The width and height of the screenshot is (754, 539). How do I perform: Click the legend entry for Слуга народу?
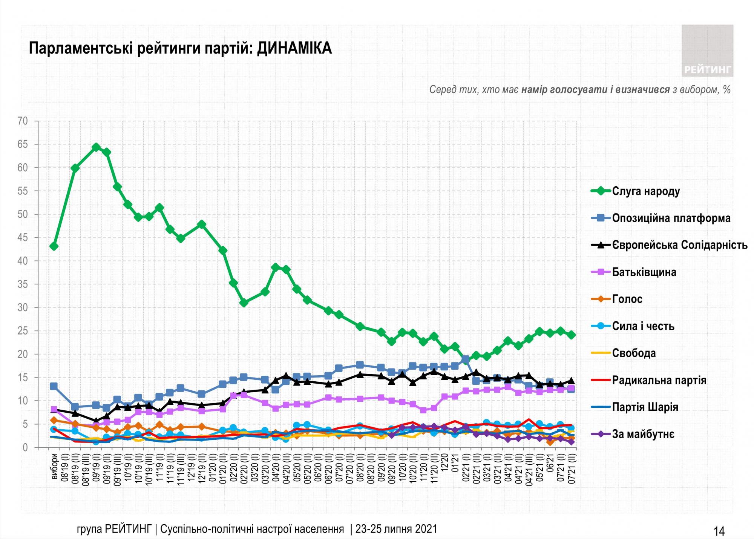click(x=646, y=191)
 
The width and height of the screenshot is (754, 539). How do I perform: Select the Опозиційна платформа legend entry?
click(x=671, y=218)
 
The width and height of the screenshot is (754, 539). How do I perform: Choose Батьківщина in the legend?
click(x=644, y=272)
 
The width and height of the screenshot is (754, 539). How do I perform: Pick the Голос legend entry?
click(x=627, y=299)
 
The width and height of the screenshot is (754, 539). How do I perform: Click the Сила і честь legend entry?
click(x=643, y=326)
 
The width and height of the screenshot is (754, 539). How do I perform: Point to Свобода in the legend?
click(x=634, y=353)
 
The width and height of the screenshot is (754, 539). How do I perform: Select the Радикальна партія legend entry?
click(x=659, y=380)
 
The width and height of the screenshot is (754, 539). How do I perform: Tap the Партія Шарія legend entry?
click(x=645, y=407)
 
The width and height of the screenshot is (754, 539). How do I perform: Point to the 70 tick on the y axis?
click(x=23, y=121)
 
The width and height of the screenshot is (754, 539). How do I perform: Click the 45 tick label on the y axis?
click(x=23, y=238)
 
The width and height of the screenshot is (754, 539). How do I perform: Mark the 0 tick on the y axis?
click(x=25, y=447)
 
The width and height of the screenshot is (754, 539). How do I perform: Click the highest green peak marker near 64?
click(x=96, y=147)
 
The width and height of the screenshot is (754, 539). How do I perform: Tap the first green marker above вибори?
click(x=54, y=246)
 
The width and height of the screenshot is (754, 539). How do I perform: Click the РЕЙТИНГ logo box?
click(x=707, y=51)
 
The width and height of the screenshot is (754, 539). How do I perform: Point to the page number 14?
click(x=719, y=531)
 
